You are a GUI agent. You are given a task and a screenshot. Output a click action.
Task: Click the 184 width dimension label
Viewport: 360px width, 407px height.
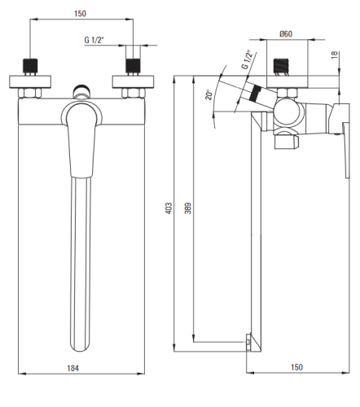click(72, 368)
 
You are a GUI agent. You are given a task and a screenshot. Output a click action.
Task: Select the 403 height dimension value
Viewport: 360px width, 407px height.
click(169, 208)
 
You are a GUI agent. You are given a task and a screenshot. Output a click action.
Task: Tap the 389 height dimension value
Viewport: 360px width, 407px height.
click(188, 208)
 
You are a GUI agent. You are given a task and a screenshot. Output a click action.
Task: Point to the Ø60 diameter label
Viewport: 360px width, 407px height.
click(286, 34)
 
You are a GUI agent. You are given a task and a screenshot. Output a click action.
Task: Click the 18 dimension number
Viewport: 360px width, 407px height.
click(335, 55)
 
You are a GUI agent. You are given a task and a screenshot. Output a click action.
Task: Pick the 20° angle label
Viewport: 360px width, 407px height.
click(209, 94)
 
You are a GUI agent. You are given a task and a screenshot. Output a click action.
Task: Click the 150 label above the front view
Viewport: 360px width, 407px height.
click(80, 13)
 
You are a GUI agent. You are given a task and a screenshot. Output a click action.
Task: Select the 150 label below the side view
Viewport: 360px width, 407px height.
click(296, 367)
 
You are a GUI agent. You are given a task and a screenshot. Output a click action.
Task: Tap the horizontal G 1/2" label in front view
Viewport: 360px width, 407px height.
click(94, 40)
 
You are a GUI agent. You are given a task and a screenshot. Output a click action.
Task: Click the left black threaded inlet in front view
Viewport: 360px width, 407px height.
click(30, 66)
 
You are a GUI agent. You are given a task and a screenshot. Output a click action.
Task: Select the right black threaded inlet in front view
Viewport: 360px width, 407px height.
click(133, 66)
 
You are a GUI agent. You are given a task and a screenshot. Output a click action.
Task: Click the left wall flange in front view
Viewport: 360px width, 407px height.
click(30, 81)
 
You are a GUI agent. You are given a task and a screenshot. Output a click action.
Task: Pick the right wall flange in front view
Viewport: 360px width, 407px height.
click(134, 81)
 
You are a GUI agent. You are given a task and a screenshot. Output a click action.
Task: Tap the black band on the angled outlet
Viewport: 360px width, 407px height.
click(256, 94)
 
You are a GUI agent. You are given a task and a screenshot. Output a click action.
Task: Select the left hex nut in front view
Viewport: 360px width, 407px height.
click(30, 93)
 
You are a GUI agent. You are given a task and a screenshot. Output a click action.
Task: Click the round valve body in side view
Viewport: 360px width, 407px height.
click(288, 112)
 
